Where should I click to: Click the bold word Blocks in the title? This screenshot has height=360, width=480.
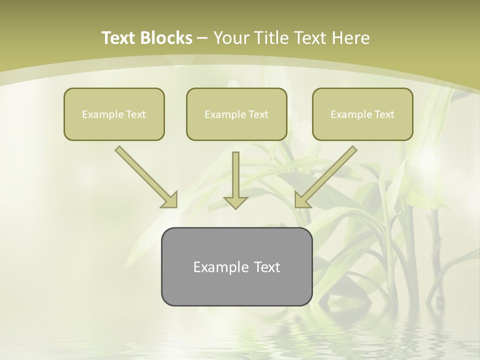(x=166, y=38)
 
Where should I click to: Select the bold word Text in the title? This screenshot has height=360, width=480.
(x=119, y=38)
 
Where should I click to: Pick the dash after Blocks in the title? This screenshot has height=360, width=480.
(x=202, y=38)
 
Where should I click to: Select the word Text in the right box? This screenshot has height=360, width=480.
(x=384, y=114)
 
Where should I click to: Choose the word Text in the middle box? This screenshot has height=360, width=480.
(x=258, y=114)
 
